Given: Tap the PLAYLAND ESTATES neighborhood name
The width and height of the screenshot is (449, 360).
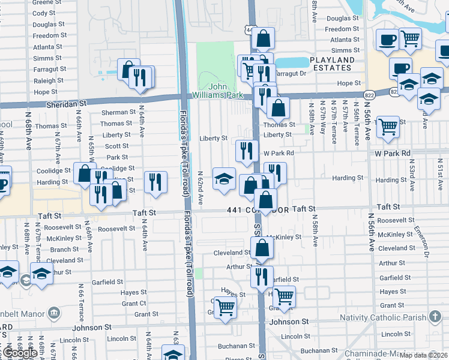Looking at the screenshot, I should (x=333, y=64).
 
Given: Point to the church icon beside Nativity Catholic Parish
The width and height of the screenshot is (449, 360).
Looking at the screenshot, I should (x=435, y=317).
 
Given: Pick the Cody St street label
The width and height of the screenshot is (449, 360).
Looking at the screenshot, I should (x=44, y=13).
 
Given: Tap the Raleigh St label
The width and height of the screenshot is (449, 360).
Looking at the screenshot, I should (x=45, y=81).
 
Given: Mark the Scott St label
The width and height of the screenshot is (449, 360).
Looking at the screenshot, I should (x=117, y=146).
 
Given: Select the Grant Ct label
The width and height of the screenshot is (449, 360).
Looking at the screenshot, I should (x=134, y=304).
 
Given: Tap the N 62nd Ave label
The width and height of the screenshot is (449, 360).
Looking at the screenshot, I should (x=200, y=187).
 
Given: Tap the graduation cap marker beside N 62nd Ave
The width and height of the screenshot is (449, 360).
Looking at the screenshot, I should (x=224, y=179).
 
